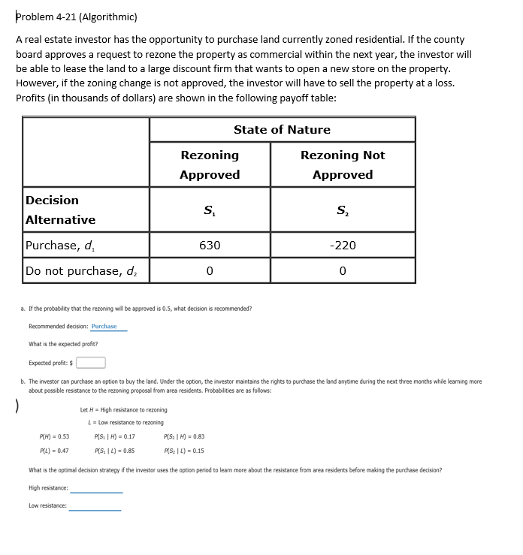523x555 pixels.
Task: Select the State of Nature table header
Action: point(282,129)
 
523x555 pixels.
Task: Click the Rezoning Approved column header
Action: point(210,164)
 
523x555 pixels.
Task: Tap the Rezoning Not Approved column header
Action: point(342,164)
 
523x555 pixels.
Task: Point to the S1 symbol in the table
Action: point(209,210)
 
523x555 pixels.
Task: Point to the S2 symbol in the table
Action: point(342,210)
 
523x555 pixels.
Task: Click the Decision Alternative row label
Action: point(61,210)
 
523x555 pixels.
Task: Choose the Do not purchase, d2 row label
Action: point(81,270)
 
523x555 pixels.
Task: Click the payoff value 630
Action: point(210,246)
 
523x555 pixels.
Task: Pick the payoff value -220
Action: point(342,246)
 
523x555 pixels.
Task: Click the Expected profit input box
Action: point(89,363)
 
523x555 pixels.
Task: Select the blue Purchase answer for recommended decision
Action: point(104,327)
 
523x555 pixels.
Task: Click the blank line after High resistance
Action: point(96,489)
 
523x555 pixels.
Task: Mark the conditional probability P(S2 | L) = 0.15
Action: point(183,451)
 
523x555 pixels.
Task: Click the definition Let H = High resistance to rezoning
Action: point(123,410)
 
